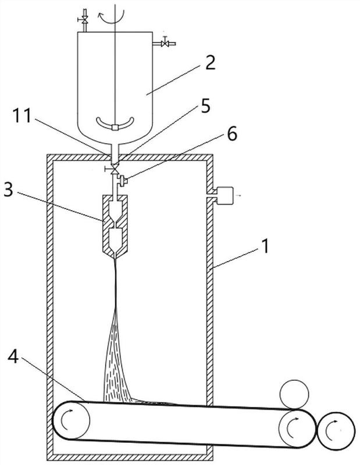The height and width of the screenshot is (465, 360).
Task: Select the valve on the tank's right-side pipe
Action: pyautogui.click(x=165, y=42)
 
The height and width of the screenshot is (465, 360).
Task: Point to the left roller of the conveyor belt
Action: pyautogui.click(x=72, y=421)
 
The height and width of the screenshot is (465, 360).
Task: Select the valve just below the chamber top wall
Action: pyautogui.click(x=115, y=169)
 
